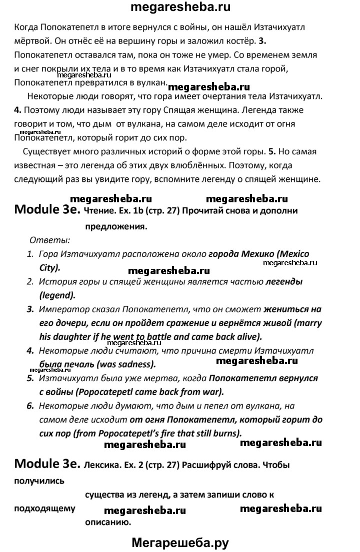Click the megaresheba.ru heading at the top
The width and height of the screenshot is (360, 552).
pos(180,8)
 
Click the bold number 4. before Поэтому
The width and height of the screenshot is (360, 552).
pos(18,109)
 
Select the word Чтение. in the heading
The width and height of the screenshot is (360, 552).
pos(101,210)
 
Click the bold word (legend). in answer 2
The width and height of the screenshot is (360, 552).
pos(57,295)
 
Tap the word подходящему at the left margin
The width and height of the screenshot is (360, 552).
pos(45,509)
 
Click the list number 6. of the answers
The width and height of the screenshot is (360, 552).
pos(30,406)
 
